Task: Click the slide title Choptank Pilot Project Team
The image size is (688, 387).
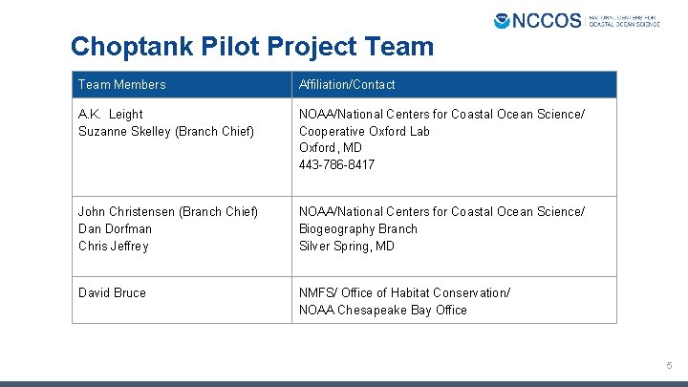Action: click(x=252, y=46)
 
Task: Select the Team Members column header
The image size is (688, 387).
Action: click(x=121, y=85)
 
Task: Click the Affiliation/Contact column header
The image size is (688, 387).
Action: click(x=347, y=85)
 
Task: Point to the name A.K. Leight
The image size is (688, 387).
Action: click(x=111, y=115)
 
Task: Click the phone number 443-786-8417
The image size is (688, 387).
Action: click(x=337, y=165)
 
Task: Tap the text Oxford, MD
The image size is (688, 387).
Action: click(x=331, y=148)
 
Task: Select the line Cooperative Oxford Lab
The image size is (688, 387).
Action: click(x=366, y=131)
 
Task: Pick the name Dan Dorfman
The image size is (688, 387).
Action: click(x=115, y=228)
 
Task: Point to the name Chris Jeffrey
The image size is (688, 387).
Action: click(x=114, y=246)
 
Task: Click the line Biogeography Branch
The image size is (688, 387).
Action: click(x=358, y=228)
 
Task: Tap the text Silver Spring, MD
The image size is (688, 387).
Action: click(x=347, y=246)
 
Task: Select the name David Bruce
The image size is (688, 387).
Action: click(x=112, y=292)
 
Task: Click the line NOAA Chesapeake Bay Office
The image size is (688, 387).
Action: click(x=383, y=310)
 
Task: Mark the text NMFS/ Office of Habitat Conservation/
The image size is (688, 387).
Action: click(x=404, y=292)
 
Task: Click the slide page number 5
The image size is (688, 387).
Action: click(x=670, y=366)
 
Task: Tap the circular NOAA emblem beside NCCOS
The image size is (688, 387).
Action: click(x=503, y=20)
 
